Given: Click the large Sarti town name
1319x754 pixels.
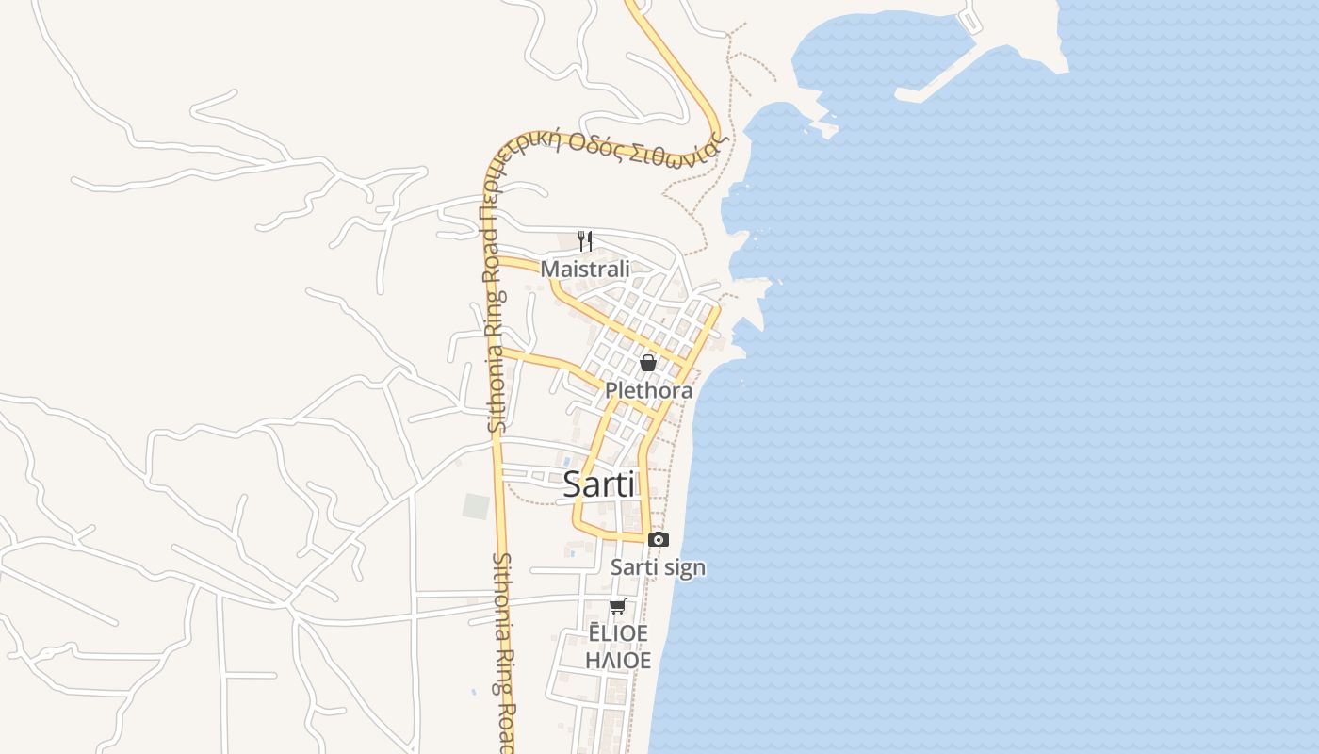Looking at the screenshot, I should click(599, 484).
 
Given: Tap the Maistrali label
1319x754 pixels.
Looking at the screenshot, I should click(584, 269).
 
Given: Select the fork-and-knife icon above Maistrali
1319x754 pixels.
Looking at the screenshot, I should click(585, 240).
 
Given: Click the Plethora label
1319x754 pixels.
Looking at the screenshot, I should click(648, 390).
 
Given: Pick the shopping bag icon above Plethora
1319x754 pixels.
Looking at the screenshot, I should click(648, 362).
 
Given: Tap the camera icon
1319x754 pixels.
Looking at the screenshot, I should click(659, 539).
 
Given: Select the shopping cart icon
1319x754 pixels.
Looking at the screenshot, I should click(617, 606).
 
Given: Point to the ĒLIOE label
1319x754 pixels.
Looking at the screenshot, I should click(617, 633).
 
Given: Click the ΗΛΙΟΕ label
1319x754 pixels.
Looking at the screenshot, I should click(617, 660).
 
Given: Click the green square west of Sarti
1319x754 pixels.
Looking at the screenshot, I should click(477, 506).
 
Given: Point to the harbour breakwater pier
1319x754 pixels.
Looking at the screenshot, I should click(942, 79).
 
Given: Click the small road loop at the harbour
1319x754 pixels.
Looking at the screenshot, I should click(969, 18).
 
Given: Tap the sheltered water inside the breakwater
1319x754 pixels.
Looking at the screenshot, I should click(876, 52).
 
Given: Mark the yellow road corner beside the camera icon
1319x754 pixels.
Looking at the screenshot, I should click(645, 538).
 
